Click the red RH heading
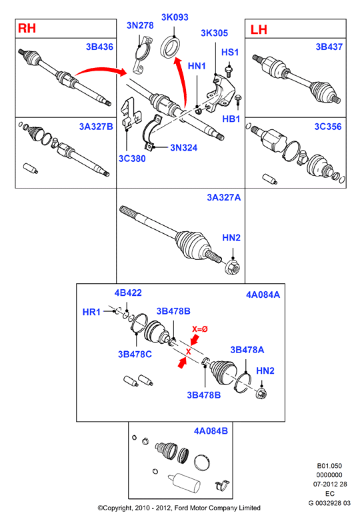[x=27, y=28]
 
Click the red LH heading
[x=259, y=29]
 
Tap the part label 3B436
[x=99, y=47]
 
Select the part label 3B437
[x=329, y=47]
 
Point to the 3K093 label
[x=175, y=17]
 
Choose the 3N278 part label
[x=140, y=25]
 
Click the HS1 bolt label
[x=230, y=53]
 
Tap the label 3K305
[x=215, y=33]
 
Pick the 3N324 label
[x=184, y=148]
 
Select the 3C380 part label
[x=132, y=159]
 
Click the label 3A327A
[x=224, y=198]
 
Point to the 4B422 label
[x=128, y=292]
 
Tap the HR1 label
[x=91, y=312]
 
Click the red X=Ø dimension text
[x=200, y=329]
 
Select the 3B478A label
[x=247, y=350]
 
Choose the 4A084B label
[x=211, y=431]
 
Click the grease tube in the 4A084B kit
[x=184, y=482]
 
